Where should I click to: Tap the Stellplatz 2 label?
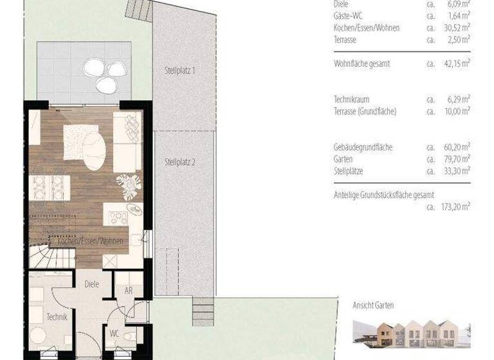pyautogui.click(x=179, y=162)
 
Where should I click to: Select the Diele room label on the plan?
pyautogui.click(x=91, y=284)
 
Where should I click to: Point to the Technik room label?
pyautogui.click(x=57, y=316)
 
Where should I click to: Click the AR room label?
pyautogui.click(x=128, y=291)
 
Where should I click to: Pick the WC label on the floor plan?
pyautogui.click(x=114, y=334)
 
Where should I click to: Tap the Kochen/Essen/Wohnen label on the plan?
pyautogui.click(x=90, y=244)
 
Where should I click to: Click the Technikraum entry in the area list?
pyautogui.click(x=351, y=99)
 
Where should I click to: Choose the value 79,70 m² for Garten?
pyautogui.click(x=456, y=159)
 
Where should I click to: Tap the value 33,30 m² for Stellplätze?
pyautogui.click(x=456, y=172)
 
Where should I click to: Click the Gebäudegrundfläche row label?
pyautogui.click(x=363, y=147)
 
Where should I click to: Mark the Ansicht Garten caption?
pyautogui.click(x=373, y=305)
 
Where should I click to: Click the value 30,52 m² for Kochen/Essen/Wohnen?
pyautogui.click(x=456, y=28)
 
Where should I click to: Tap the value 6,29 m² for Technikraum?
pyautogui.click(x=458, y=99)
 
